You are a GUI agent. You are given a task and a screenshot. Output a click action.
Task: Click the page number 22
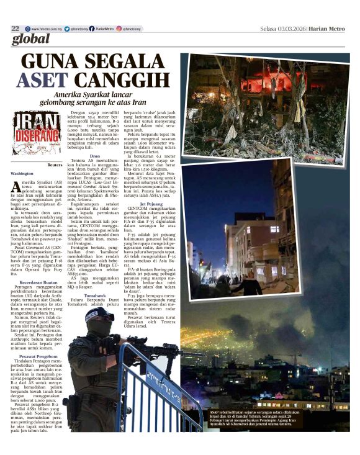15,29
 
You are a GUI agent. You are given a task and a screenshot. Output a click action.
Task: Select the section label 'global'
30,40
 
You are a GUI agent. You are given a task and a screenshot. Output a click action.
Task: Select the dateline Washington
22,174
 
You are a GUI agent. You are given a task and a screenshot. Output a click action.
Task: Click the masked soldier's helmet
99,315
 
